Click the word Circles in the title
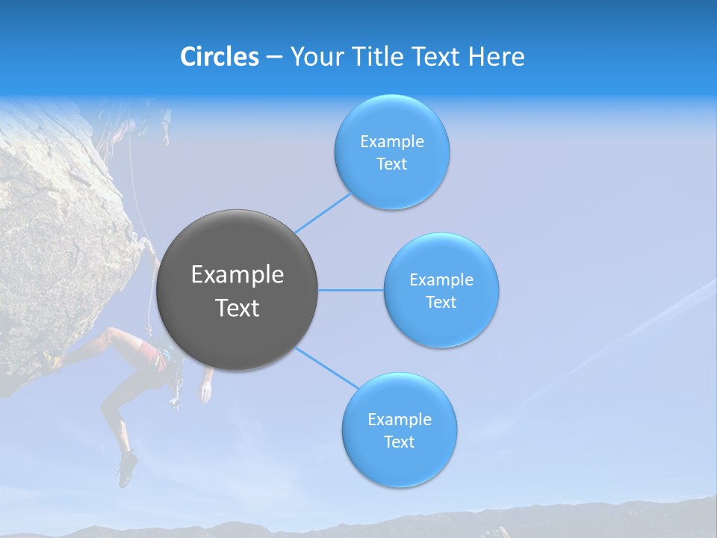[219, 57]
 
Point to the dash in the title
[274, 58]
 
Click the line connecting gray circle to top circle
[323, 212]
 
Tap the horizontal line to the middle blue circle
[350, 290]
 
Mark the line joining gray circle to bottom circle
[327, 368]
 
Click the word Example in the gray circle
[237, 275]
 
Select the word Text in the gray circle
[237, 308]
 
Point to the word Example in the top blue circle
[391, 142]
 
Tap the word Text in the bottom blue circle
[399, 442]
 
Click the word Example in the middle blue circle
[441, 280]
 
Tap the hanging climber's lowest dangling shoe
[126, 469]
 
